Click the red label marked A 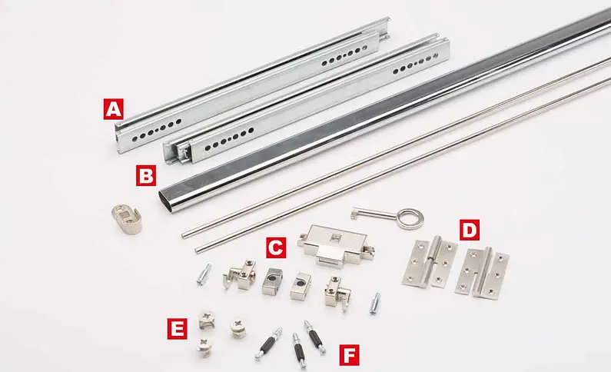click(114, 109)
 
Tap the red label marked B click(146, 175)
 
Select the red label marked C click(276, 247)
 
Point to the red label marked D click(470, 230)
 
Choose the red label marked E click(178, 329)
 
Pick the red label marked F click(349, 355)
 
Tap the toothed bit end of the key click(355, 212)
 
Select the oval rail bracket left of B click(127, 219)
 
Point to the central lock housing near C click(336, 245)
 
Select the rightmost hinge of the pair click(483, 273)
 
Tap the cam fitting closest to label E click(207, 320)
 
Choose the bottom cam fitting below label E click(204, 347)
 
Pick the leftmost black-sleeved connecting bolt click(268, 344)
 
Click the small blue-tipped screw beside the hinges click(374, 304)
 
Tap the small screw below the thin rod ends click(204, 274)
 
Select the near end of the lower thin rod click(198, 250)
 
